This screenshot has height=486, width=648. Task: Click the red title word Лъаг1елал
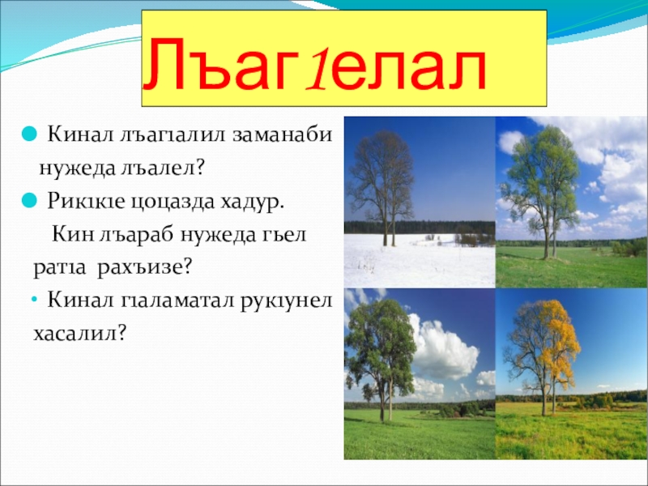click(x=314, y=64)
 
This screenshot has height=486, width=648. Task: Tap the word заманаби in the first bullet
click(x=282, y=135)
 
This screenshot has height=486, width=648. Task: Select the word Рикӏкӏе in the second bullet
click(x=86, y=202)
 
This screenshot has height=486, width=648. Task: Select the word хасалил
click(x=79, y=334)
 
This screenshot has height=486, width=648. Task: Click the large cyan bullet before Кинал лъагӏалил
click(x=29, y=134)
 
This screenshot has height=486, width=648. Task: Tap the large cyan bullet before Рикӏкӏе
click(x=29, y=200)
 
